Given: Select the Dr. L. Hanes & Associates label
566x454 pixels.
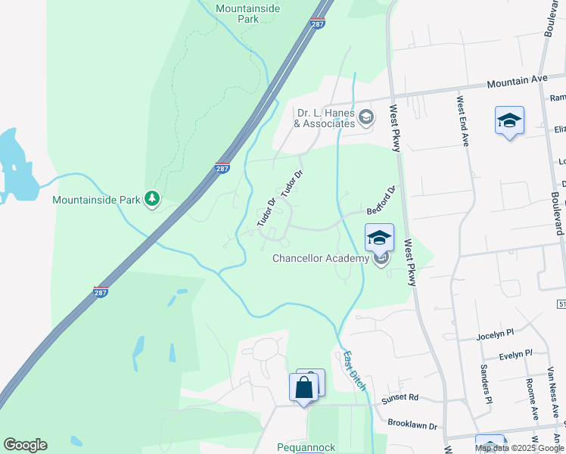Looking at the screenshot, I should coord(325,118).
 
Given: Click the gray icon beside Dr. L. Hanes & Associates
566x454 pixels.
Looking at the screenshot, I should coord(366,117).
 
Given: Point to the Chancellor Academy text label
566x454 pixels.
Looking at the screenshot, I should coord(322,259).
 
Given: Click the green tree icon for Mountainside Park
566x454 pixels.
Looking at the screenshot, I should coord(153,199).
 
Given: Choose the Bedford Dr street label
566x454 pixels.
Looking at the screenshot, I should coord(381,201).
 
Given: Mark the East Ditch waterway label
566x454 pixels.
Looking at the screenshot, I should coord(354,370).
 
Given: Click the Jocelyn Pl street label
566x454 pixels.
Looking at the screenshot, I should coord(495,334).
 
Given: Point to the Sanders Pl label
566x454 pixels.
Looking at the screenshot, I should coord(486,384).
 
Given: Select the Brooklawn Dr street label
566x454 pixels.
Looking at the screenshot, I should coord(412,426).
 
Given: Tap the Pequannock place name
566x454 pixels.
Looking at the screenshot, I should coord(306,447).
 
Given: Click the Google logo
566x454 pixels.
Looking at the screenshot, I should coord(25,445).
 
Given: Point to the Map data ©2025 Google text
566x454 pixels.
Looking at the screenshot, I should coord(518,448).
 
